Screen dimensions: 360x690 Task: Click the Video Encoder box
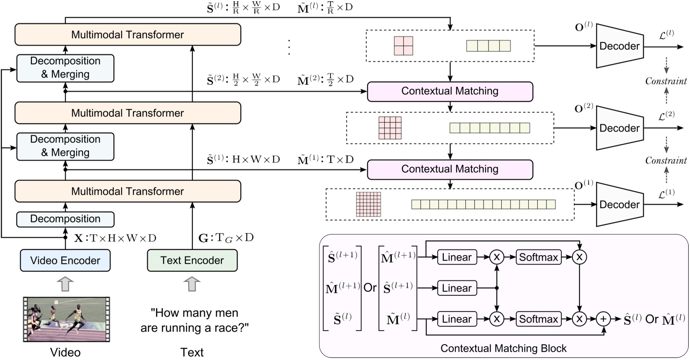65,260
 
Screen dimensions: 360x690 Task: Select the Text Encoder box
192,260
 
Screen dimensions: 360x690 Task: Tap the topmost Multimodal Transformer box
127,34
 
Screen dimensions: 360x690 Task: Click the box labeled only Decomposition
65,219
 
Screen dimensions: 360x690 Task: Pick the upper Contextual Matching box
450,91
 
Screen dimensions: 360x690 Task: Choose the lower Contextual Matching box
450,169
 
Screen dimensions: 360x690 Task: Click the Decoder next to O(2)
619,128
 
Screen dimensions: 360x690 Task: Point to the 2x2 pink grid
403,46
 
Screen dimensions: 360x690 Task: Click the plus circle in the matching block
603,319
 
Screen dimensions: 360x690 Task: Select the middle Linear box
457,288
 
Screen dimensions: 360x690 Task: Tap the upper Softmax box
538,257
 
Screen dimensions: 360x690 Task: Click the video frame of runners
66,319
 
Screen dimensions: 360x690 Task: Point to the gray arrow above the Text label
192,284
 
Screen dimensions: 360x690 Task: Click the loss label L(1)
666,193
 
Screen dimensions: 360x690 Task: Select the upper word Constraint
666,81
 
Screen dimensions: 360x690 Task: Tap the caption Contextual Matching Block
503,348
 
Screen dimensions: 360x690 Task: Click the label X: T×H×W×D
115,238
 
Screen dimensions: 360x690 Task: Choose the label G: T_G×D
226,238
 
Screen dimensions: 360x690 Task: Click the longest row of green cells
483,204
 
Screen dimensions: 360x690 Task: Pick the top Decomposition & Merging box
65,68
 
